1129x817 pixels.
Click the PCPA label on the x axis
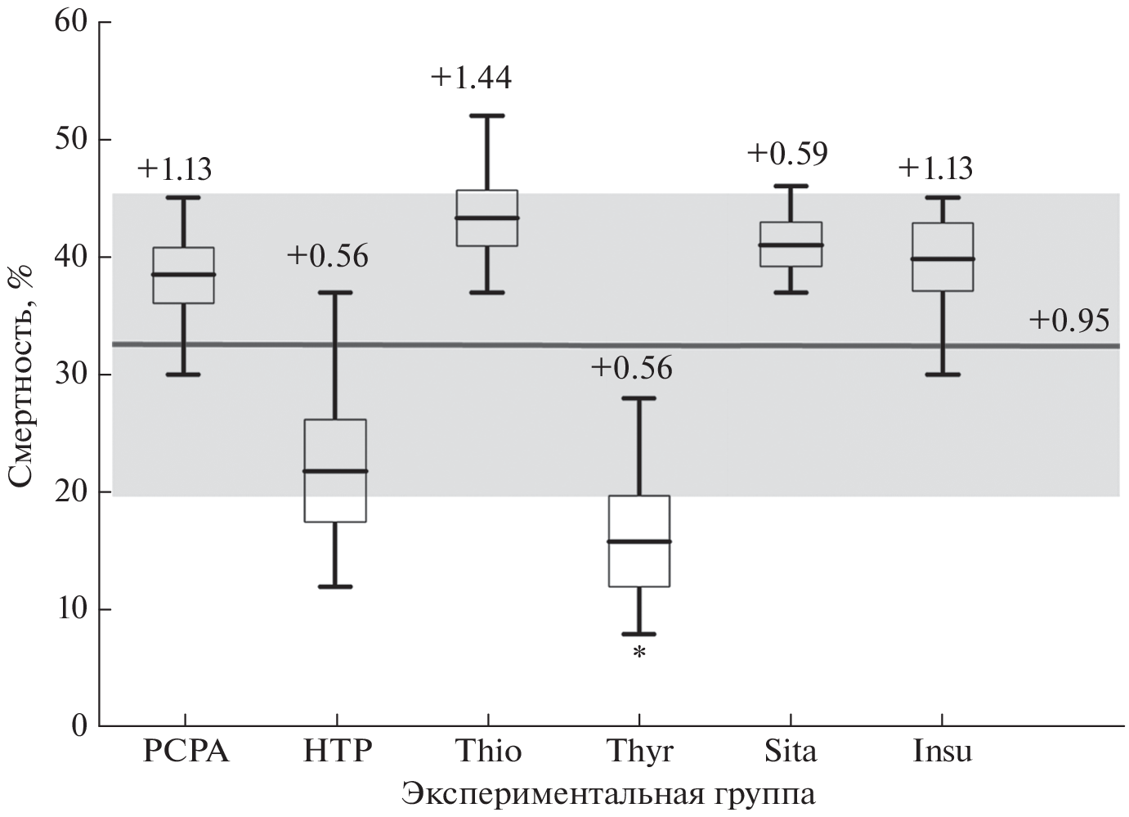[x=186, y=751]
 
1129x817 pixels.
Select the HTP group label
[x=337, y=751]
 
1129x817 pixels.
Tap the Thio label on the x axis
[x=488, y=751]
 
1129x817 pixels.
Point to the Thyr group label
[x=640, y=751]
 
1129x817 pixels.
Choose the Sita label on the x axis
[x=791, y=751]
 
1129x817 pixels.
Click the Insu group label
[x=943, y=751]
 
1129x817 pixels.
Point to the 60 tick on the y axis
[x=72, y=22]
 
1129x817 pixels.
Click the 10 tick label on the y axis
[x=72, y=609]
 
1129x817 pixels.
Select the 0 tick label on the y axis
[x=80, y=726]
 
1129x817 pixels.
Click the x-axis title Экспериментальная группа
[x=609, y=794]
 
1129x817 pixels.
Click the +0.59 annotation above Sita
[x=787, y=154]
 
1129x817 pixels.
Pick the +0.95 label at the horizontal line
[x=1069, y=321]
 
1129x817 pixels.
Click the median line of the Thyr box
[x=639, y=541]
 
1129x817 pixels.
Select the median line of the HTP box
[x=335, y=471]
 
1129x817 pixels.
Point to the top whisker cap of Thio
[x=487, y=116]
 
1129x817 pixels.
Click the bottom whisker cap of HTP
[x=335, y=586]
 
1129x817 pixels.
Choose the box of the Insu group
[x=943, y=257]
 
